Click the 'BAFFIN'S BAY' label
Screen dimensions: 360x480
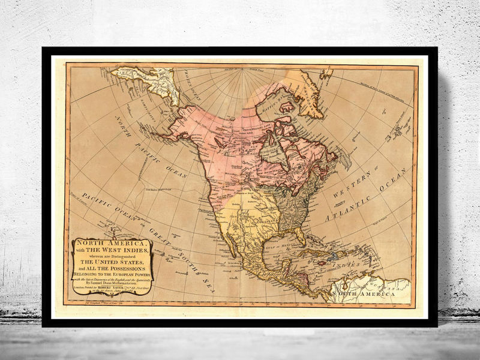275,91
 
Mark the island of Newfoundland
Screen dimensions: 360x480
344,160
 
